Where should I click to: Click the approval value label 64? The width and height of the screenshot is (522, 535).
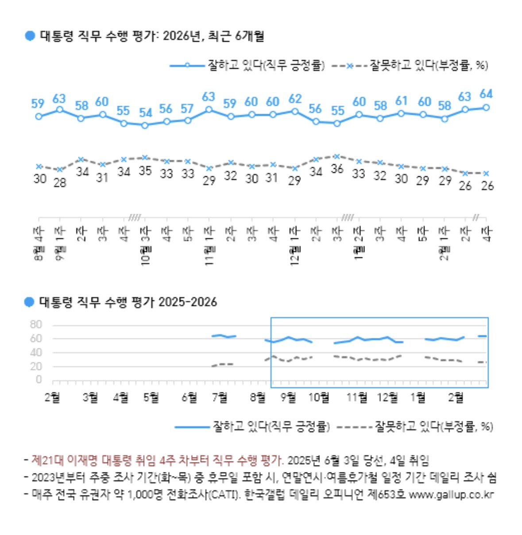point(486,94)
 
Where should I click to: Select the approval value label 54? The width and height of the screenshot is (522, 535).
point(145,112)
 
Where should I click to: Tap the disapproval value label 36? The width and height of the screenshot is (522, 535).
point(337,169)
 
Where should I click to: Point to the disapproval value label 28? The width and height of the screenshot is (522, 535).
point(60,182)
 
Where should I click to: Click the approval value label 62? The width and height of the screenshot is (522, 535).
point(295,98)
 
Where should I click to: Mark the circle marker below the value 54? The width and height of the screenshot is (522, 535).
point(145,125)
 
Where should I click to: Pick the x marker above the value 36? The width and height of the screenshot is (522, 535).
point(337,156)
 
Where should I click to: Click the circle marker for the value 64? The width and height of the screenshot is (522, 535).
point(486,107)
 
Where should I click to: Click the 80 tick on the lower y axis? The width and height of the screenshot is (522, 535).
point(36,325)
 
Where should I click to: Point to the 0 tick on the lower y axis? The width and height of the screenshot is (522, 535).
point(39,380)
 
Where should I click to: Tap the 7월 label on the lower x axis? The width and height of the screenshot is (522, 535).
point(220,397)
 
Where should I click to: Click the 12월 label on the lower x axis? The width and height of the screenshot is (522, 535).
point(387,397)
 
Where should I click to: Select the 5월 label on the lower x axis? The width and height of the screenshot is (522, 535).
point(151,397)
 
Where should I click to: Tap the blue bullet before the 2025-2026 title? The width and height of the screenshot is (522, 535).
point(29,302)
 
